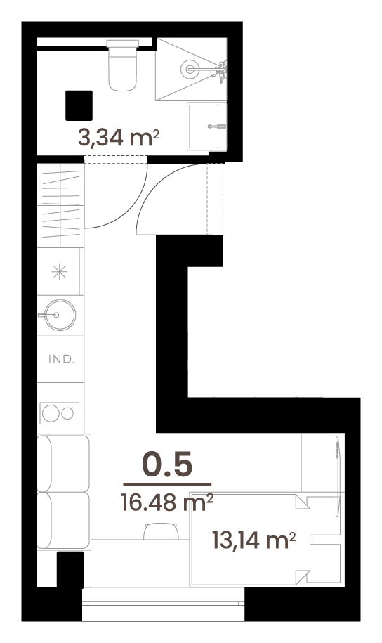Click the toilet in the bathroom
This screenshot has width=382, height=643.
click(x=123, y=65)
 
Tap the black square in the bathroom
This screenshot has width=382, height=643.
click(x=79, y=105)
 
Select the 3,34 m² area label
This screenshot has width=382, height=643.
click(x=118, y=137)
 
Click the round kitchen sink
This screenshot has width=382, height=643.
click(x=60, y=315)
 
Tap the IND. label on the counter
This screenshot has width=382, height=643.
click(x=61, y=359)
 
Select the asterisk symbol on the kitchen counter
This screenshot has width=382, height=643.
click(x=59, y=272)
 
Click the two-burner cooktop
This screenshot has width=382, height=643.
click(x=60, y=413)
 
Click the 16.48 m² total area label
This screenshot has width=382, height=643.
click(x=167, y=502)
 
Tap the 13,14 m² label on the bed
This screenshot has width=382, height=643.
click(x=254, y=540)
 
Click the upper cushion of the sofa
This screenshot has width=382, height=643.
click(x=63, y=463)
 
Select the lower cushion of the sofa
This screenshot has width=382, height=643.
click(x=63, y=521)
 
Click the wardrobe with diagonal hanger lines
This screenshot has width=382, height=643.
click(x=60, y=205)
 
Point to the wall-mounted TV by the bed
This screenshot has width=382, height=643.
click(x=338, y=476)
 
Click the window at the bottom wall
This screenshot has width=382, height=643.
click(x=163, y=604)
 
